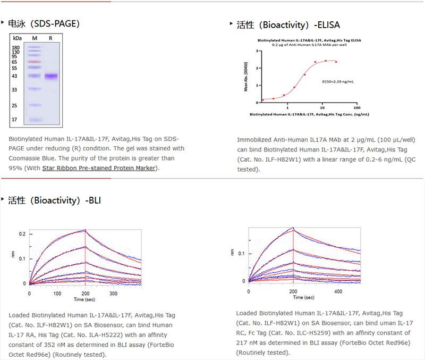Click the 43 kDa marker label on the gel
click(x=15, y=76)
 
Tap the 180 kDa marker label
click(x=15, y=47)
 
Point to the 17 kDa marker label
click(x=15, y=120)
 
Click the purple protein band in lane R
click(x=51, y=76)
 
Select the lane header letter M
click(x=35, y=38)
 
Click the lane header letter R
click(x=50, y=38)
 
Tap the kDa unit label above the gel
click(x=18, y=38)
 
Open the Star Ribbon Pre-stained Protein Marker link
click(x=99, y=168)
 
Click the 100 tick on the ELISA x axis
click(x=355, y=107)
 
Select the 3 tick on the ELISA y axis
click(x=257, y=51)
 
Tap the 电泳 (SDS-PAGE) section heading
click(x=44, y=23)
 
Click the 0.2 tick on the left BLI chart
click(x=22, y=234)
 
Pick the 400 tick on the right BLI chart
click(x=338, y=292)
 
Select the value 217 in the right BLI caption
click(x=244, y=342)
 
